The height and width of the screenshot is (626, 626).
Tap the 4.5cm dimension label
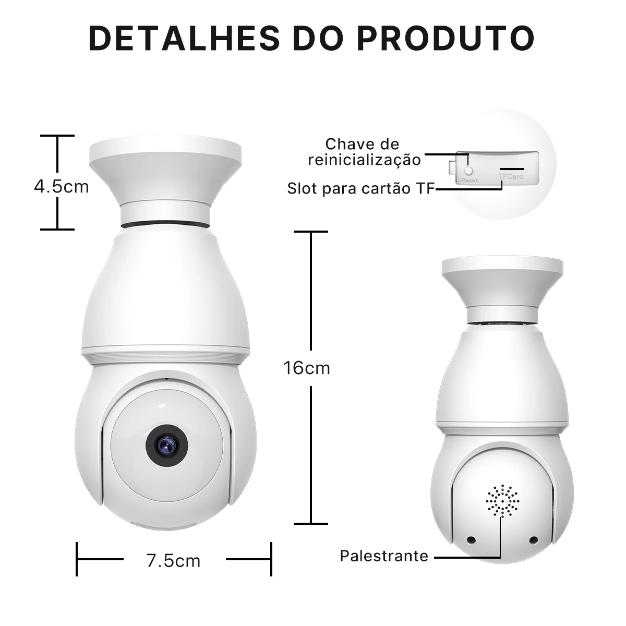tap(62, 187)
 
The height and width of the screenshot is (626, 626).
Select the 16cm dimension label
tap(307, 368)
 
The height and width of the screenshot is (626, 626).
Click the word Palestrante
tap(384, 556)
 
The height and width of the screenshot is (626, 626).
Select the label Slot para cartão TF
tap(361, 188)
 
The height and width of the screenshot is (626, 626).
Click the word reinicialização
tap(364, 160)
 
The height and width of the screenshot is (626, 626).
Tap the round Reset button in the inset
tap(468, 170)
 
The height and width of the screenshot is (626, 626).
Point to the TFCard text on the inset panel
tap(511, 176)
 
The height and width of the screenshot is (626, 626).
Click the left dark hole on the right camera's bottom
tap(471, 540)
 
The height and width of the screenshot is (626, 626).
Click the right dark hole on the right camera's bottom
tap(534, 540)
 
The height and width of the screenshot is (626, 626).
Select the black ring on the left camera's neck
tap(166, 224)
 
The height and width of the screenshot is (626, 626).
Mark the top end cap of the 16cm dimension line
tap(311, 232)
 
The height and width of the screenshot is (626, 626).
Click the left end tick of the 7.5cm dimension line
tap(77, 559)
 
